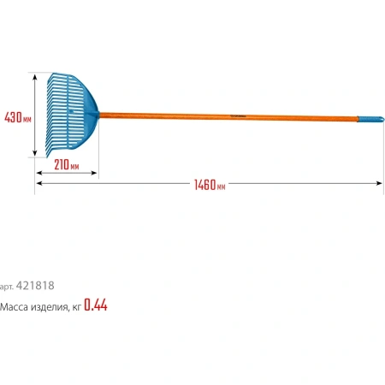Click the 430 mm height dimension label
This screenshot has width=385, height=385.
click(17, 116)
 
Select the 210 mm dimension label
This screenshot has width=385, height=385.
click(65, 165)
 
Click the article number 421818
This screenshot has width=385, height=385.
click(40, 286)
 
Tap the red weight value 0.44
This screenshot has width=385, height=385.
click(96, 305)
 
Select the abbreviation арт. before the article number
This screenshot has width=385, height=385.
click(7, 287)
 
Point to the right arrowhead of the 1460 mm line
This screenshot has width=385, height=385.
click(379, 183)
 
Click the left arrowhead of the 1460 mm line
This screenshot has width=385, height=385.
click(38, 183)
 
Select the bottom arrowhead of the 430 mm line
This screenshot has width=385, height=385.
click(34, 155)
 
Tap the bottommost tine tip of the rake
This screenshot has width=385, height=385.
click(47, 155)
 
